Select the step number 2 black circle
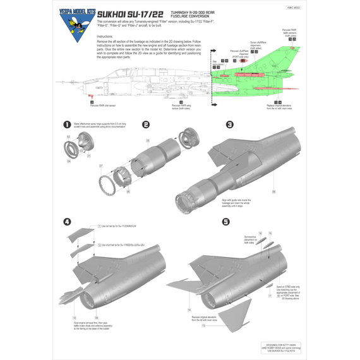(146, 125)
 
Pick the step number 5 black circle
(225, 222)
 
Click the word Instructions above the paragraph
(108, 54)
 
